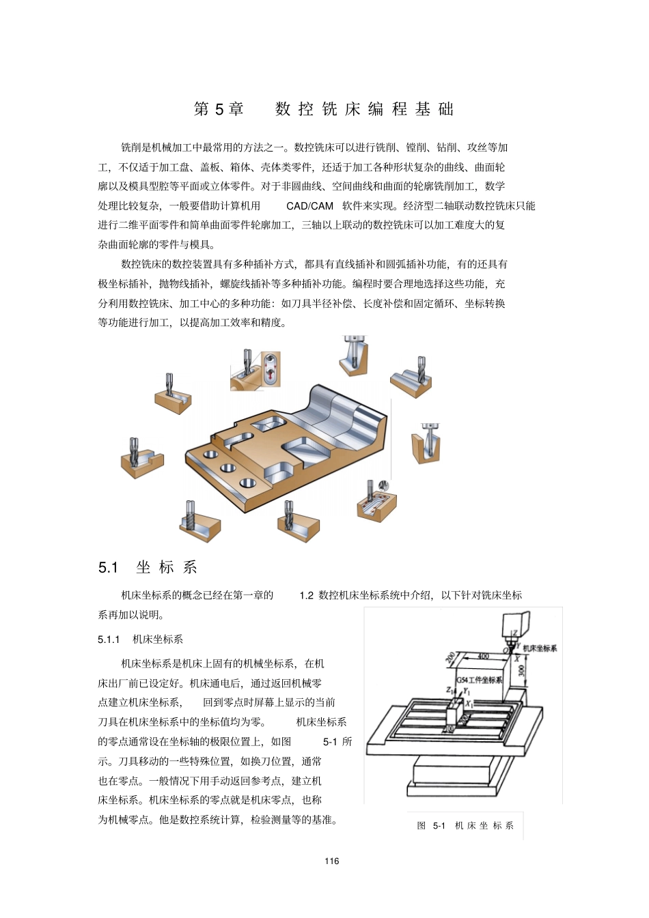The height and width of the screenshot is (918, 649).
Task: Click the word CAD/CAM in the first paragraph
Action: click(309, 206)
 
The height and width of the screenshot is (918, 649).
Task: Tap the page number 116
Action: click(332, 861)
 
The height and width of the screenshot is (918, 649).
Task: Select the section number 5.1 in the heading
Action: click(108, 568)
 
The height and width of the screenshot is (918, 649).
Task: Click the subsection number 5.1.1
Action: click(109, 640)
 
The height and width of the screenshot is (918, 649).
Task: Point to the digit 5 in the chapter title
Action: click(219, 109)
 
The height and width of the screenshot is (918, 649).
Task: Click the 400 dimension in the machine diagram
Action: click(483, 657)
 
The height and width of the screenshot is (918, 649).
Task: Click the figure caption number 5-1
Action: click(439, 826)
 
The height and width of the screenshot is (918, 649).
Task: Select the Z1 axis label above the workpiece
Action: click(450, 691)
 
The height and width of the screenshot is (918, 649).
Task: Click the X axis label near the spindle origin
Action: click(516, 658)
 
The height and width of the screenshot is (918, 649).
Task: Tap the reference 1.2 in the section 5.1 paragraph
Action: click(306, 596)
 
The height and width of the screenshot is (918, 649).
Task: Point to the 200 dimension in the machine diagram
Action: click(451, 658)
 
